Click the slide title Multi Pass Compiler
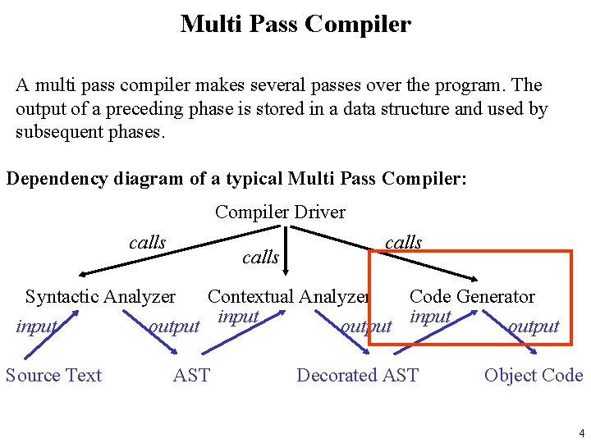pos(295,24)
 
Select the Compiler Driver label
pos(280,212)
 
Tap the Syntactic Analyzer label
pos(100,297)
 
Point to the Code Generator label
pos(472,297)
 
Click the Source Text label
pos(53,376)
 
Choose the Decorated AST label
pos(357,376)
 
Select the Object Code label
pos(534,376)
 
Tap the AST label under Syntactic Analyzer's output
pos(191,376)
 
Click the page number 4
pos(580,433)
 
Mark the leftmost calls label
pos(148,243)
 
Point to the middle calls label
pos(260,258)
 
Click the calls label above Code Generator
pos(403,242)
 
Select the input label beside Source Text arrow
pos(36,327)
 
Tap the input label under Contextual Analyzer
pos(239,317)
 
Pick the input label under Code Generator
pos(431,317)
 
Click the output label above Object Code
pos(534,327)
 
